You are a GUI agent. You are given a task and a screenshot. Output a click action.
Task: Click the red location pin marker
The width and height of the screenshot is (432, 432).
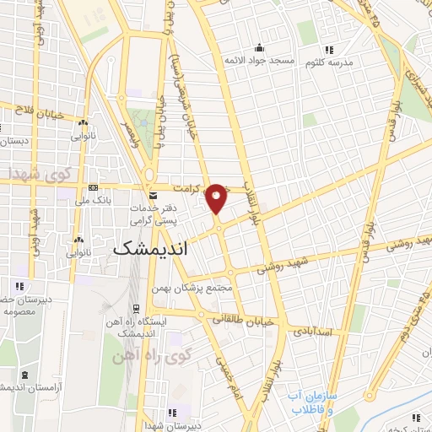tap(217, 197)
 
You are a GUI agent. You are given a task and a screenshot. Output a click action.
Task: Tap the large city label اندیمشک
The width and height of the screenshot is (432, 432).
tap(151, 249)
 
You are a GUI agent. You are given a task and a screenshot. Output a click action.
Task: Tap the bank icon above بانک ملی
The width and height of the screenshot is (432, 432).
tap(93, 187)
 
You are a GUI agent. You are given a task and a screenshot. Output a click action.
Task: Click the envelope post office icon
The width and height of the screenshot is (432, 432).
tap(152, 196)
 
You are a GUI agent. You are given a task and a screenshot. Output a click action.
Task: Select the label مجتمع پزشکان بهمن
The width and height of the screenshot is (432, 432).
tap(192, 289)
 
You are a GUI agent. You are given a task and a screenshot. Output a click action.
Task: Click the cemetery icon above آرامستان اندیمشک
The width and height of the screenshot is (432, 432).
tap(23, 374)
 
